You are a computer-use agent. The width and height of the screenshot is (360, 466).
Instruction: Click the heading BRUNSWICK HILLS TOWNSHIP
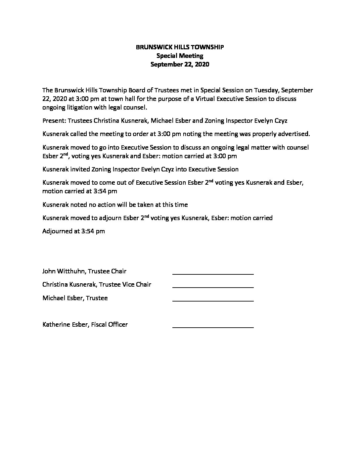click(180, 47)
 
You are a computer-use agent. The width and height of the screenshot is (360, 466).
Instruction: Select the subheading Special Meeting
click(180, 56)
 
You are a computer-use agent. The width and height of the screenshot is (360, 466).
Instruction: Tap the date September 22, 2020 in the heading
click(180, 65)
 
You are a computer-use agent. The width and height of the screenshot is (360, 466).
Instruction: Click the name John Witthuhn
click(64, 271)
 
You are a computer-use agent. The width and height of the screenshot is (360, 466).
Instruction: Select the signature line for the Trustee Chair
click(213, 274)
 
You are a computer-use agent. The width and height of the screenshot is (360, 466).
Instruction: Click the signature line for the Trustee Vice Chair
click(213, 287)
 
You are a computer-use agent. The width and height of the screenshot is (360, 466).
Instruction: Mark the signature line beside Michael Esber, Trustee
click(213, 301)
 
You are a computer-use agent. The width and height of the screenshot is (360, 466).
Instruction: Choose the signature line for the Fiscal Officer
click(213, 327)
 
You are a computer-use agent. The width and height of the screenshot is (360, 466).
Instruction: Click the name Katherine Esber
click(65, 324)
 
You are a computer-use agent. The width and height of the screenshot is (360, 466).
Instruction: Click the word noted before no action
click(79, 205)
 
